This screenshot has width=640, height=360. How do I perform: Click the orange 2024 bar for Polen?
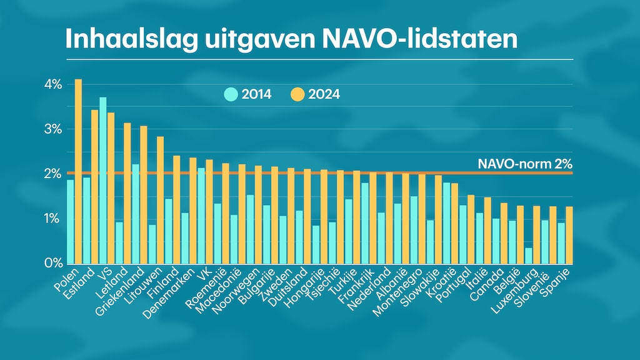pyautogui.click(x=78, y=172)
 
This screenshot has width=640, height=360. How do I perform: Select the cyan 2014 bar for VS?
pyautogui.click(x=102, y=181)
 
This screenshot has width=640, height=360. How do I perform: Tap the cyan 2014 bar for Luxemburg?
pyautogui.click(x=529, y=256)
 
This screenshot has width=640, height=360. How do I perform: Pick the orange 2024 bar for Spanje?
pyautogui.click(x=569, y=235)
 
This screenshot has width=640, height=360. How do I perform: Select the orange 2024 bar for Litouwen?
pyautogui.click(x=160, y=200)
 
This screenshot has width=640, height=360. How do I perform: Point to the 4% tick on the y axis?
pyautogui.click(x=52, y=84)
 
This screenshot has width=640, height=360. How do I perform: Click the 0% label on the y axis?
pyautogui.click(x=52, y=263)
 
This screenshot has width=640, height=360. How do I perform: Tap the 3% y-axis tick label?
pyautogui.click(x=52, y=129)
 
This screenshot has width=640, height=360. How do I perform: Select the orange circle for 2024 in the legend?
pyautogui.click(x=297, y=94)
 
